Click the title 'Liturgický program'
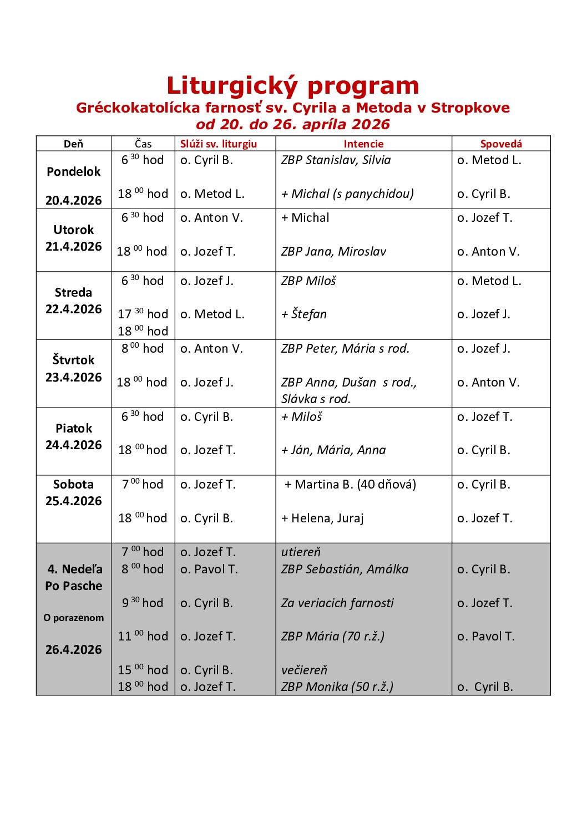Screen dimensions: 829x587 pyautogui.click(x=292, y=86)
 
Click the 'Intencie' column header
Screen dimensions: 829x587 pyautogui.click(x=363, y=144)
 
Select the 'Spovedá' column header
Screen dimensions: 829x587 pyautogui.click(x=501, y=144)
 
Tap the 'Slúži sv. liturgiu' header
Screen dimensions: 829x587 pyautogui.click(x=219, y=144)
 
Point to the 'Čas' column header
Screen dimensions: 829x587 pyautogui.click(x=143, y=144)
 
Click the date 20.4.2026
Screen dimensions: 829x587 pyautogui.click(x=74, y=200)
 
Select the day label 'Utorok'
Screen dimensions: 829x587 pyautogui.click(x=74, y=230)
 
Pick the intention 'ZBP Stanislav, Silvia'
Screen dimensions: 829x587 pyautogui.click(x=336, y=160)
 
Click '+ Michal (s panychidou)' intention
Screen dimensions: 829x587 pyautogui.click(x=347, y=194)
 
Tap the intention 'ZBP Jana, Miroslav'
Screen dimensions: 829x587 pyautogui.click(x=333, y=252)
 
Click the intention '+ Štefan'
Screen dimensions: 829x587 pyautogui.click(x=304, y=314)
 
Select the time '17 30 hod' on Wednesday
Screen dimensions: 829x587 pyautogui.click(x=143, y=314)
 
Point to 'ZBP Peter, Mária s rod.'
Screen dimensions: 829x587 pyautogui.click(x=345, y=349)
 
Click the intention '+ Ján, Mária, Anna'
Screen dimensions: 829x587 pyautogui.click(x=333, y=450)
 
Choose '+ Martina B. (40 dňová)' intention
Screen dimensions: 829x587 pyautogui.click(x=350, y=485)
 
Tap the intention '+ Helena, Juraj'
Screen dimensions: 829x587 pyautogui.click(x=322, y=518)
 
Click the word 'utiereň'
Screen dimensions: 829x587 pyautogui.click(x=301, y=552)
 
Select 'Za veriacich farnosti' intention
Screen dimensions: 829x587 pyautogui.click(x=337, y=603)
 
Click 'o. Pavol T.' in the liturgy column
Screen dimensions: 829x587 pyautogui.click(x=209, y=569)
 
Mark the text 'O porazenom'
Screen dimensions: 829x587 pyautogui.click(x=73, y=618)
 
